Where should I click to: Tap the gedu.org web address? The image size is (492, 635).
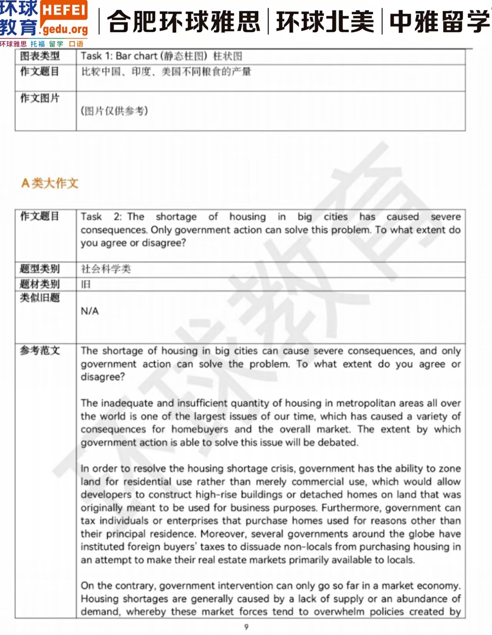65,29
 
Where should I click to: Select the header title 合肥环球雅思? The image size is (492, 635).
184,22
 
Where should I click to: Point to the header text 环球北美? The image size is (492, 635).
325,22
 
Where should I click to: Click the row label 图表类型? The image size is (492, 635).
40,56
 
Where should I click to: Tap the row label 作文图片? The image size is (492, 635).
40,98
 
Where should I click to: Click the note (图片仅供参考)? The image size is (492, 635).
114,111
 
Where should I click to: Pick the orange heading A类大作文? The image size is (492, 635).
50,183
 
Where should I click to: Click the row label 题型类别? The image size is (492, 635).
40,269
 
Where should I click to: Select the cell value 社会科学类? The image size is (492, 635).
106,269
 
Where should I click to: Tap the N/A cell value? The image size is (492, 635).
90,311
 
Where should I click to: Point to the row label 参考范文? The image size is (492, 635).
40,350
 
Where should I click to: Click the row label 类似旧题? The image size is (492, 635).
40,298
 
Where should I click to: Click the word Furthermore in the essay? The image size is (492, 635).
351,508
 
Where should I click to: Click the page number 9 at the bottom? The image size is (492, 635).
246,627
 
